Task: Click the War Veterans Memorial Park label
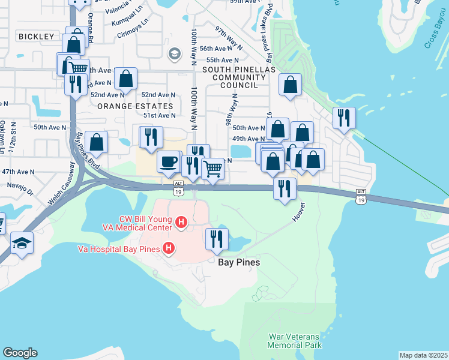[x=294, y=341]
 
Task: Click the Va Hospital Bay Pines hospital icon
[x=169, y=248]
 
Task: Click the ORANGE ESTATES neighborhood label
[x=135, y=106]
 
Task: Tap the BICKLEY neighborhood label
[x=37, y=37]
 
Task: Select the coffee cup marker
[x=169, y=161]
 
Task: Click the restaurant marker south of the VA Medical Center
[x=217, y=238]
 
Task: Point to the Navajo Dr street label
[x=20, y=188]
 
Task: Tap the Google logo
[x=20, y=353]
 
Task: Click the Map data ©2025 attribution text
[x=423, y=355]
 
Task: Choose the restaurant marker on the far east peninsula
[x=344, y=118]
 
